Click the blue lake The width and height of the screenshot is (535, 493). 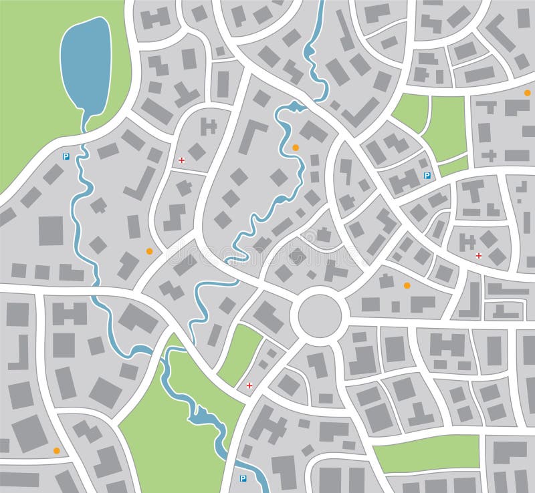point(86,63)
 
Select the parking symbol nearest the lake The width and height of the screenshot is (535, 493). point(66,156)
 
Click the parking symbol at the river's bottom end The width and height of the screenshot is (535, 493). point(242,478)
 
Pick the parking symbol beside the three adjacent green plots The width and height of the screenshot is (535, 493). point(427,176)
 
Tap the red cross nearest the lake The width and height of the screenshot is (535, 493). point(182,160)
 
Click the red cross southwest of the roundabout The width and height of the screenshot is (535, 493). point(249,385)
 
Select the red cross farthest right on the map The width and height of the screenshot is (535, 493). point(478,256)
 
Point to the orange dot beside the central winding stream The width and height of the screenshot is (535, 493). point(296,147)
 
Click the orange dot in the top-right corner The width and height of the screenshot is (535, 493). point(528,92)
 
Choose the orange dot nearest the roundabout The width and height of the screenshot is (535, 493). point(407,285)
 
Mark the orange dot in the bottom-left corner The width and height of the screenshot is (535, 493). point(56,450)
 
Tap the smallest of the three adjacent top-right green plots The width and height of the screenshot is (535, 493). point(453,166)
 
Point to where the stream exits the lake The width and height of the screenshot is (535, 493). point(86,120)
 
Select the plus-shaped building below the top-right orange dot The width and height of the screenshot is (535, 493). point(489,156)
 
